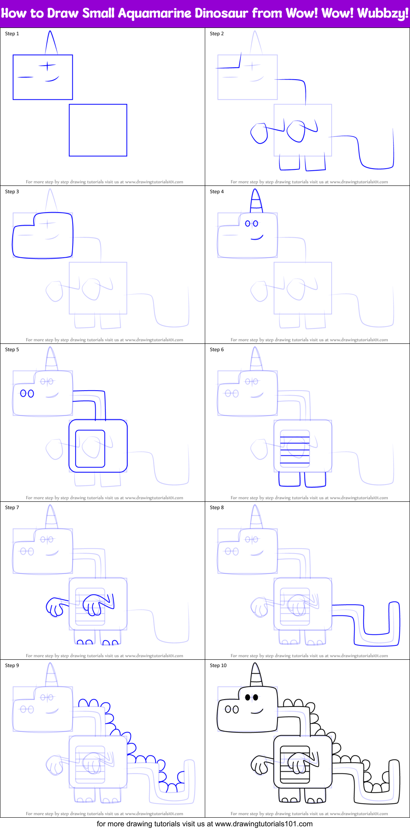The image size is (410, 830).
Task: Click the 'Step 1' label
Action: point(12,34)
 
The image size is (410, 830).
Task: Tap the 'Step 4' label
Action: point(217,192)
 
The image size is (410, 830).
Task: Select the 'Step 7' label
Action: point(12,508)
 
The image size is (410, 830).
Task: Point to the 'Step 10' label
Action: point(218,665)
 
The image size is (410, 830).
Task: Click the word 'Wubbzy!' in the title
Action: point(383,13)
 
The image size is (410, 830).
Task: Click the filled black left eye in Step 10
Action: point(248,697)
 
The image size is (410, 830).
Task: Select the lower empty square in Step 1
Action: point(98,130)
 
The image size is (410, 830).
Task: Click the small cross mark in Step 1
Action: point(48,66)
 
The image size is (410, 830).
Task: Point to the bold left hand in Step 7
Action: point(54,607)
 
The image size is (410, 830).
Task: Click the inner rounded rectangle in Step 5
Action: point(90,448)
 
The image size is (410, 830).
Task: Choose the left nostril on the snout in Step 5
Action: point(23,393)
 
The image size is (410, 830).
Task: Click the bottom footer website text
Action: point(204,824)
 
